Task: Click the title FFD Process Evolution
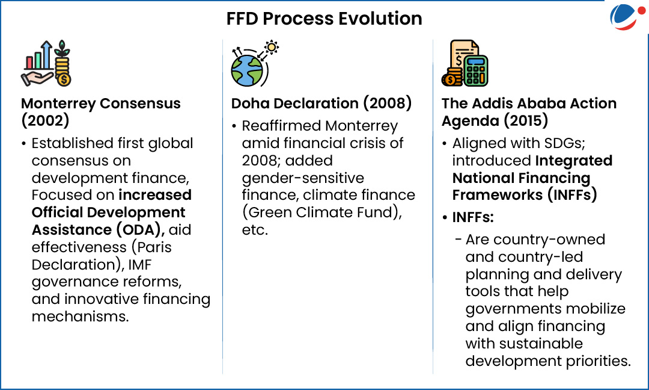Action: click(324, 19)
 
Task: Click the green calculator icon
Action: click(476, 70)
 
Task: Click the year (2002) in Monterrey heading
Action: click(45, 120)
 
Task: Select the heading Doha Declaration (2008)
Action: click(321, 103)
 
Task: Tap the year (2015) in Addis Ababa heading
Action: click(526, 120)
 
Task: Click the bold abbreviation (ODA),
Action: click(140, 230)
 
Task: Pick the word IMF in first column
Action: click(139, 264)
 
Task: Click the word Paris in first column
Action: click(154, 247)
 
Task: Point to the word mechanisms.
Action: click(81, 317)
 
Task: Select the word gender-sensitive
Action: click(303, 178)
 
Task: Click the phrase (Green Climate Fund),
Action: click(322, 212)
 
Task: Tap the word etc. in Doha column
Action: click(255, 230)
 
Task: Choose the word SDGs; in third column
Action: click(564, 143)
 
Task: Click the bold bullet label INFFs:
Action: click(473, 217)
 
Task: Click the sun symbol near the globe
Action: click(272, 48)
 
